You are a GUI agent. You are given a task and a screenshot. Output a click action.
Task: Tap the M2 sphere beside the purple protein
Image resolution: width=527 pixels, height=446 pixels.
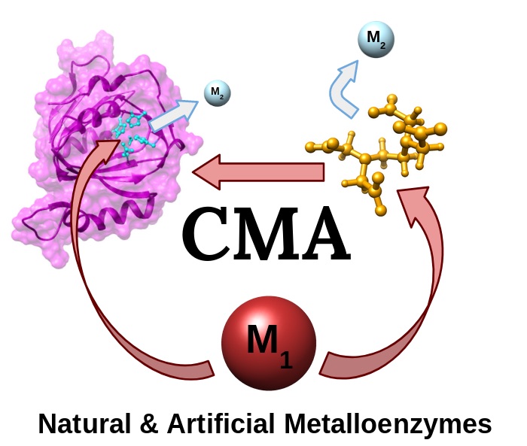click(217, 93)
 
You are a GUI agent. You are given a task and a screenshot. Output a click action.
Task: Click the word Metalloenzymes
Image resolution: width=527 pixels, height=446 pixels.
click(388, 423)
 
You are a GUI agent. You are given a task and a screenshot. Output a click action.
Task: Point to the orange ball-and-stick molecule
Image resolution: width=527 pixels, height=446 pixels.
click(384, 150)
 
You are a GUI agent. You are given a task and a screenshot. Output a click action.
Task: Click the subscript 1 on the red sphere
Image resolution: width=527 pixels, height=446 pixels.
click(285, 359)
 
